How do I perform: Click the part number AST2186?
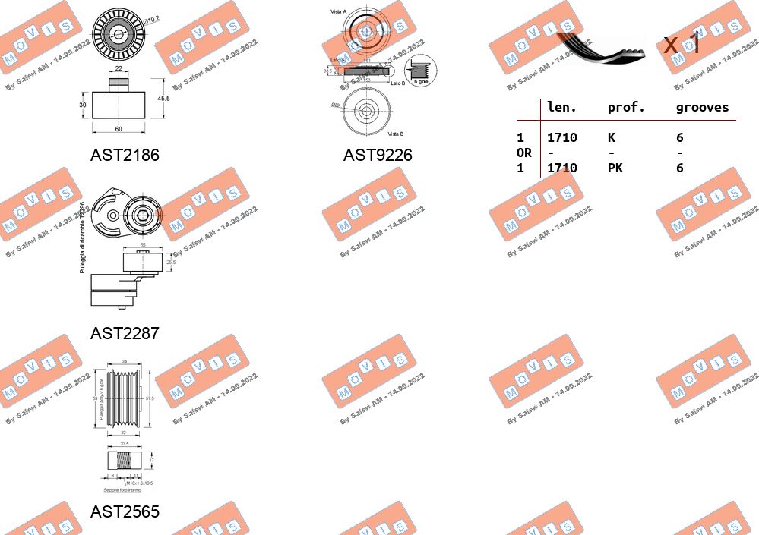coord(125,156)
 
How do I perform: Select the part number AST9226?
coord(378,156)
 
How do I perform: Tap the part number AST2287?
coord(125,333)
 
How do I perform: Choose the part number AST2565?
coord(125,512)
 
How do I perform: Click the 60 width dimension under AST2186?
coord(119,129)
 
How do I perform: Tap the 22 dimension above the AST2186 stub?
coord(119,69)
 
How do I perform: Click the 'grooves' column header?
coord(702,108)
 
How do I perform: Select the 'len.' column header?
coord(561,108)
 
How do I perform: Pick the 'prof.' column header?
coord(626,108)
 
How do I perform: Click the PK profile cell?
coord(615,168)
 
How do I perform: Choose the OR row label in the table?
coord(523,153)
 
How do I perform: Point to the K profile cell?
coord(612,137)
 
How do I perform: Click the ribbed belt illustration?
coord(600,47)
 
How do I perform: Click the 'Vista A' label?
coord(339,11)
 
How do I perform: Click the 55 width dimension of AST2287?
coord(142,246)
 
